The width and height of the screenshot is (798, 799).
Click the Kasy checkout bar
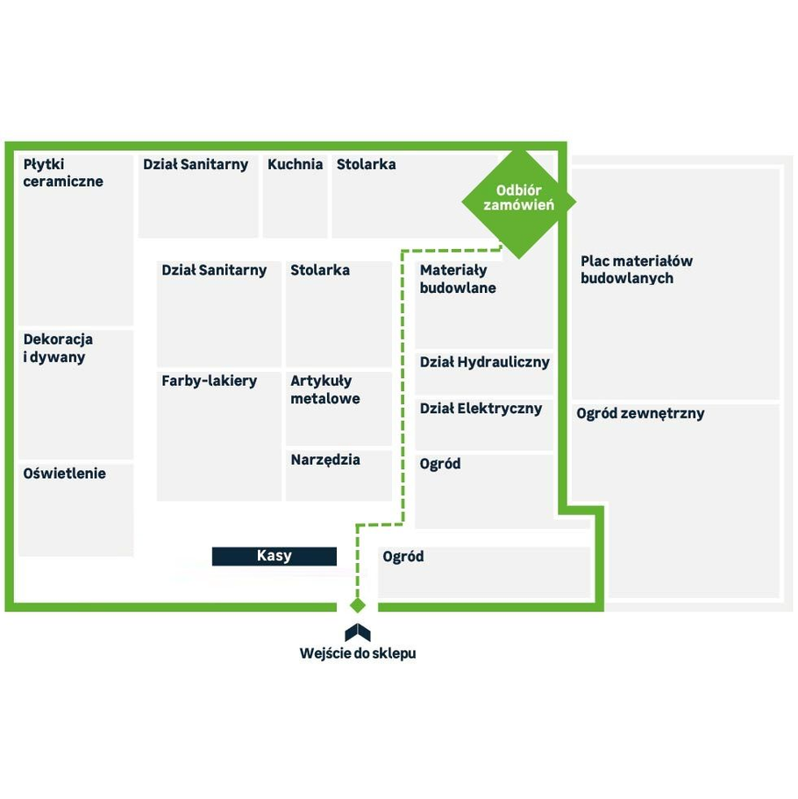click(274, 556)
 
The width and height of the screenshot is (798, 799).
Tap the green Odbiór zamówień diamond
click(519, 202)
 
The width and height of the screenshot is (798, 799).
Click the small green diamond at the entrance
click(358, 605)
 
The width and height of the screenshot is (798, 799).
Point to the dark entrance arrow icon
click(358, 632)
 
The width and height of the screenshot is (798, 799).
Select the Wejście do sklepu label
click(358, 653)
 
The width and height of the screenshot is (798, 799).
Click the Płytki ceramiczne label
click(63, 173)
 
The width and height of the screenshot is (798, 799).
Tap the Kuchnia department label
click(295, 164)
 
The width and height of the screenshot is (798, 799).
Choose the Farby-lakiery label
click(209, 381)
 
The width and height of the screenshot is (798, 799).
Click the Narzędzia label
click(325, 460)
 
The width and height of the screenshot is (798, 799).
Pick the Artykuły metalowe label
click(325, 389)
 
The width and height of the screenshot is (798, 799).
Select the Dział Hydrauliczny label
click(485, 362)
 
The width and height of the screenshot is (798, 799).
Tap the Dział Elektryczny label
click(481, 409)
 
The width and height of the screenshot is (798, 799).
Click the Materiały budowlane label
click(458, 279)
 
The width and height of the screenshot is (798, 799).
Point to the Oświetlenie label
click(64, 474)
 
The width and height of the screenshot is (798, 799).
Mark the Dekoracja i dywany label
click(58, 348)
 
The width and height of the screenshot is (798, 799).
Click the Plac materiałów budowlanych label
click(637, 269)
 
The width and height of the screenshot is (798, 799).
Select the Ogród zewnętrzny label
click(640, 413)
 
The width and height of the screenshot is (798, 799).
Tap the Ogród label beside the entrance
click(403, 556)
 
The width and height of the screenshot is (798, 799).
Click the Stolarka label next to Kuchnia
click(366, 164)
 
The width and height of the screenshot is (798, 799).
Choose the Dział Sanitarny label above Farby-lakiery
click(214, 270)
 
